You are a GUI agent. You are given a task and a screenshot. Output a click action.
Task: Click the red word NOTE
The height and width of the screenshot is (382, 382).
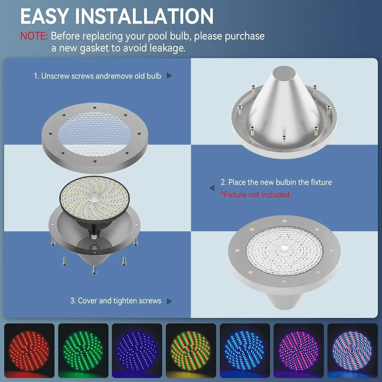click(x=34, y=36)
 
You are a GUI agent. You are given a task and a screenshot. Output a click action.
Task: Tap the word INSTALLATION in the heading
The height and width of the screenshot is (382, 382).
click(x=144, y=16)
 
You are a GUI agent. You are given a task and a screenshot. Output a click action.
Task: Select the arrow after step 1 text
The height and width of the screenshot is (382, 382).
click(x=169, y=76)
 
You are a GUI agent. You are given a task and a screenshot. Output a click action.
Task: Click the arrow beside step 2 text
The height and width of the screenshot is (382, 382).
click(x=212, y=188)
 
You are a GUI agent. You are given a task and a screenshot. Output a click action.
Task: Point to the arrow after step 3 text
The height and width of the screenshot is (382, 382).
click(x=169, y=301)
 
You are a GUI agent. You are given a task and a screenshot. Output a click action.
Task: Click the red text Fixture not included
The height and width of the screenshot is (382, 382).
click(x=255, y=195)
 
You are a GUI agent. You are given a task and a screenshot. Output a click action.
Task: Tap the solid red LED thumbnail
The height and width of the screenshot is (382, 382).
click(x=29, y=350)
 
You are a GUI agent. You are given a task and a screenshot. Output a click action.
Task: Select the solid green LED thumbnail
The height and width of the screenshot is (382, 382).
click(x=83, y=350)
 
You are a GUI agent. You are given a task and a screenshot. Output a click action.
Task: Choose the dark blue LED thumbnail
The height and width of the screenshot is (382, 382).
click(x=137, y=350)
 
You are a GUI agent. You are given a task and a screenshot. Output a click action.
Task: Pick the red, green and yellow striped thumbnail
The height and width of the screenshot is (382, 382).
click(x=191, y=350)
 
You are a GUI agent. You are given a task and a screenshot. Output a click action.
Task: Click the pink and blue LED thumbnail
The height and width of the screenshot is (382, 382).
click(x=298, y=350)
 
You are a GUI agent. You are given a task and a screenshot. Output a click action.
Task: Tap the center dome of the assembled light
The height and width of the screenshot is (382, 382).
click(x=284, y=249)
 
